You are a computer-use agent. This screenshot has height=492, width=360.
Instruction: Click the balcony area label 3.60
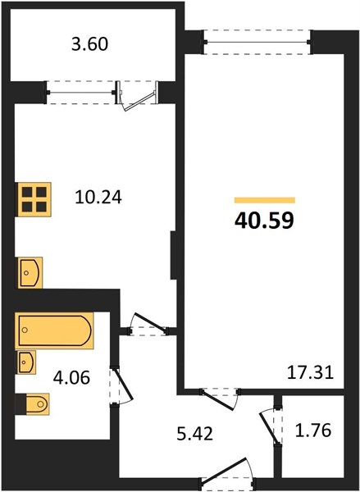point(89,44)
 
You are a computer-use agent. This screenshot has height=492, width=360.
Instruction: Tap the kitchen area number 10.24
point(98,198)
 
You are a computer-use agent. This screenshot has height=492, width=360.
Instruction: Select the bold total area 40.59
point(264,221)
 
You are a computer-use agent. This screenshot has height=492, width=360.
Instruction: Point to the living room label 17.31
point(311,373)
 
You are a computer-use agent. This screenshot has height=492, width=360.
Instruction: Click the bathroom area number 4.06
point(71,377)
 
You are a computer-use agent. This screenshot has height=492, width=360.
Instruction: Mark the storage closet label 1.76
point(313,430)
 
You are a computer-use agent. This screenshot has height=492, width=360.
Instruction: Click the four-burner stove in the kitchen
point(34,199)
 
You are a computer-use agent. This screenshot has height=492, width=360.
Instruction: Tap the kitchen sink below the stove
point(30,273)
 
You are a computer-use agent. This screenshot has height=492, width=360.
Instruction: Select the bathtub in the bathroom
point(55,330)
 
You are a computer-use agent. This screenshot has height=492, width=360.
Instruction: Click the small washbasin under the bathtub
point(27,362)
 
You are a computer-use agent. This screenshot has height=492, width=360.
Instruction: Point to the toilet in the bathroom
point(34,403)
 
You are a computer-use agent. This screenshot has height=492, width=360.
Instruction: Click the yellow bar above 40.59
point(265,200)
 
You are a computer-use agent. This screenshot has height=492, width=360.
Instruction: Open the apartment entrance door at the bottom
point(227,474)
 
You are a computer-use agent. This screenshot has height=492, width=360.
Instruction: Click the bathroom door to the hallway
point(121,386)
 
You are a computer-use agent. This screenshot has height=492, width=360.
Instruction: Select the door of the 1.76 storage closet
point(271,425)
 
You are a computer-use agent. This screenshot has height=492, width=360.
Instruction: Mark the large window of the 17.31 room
point(257,42)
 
